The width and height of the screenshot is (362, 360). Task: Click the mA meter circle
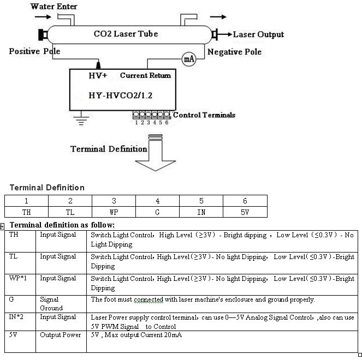(189, 59)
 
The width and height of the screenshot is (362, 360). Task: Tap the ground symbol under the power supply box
(81, 118)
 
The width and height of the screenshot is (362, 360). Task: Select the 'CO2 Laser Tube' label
(126, 34)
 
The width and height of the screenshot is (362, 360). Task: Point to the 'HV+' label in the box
(98, 75)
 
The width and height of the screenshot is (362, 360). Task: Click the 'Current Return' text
(145, 75)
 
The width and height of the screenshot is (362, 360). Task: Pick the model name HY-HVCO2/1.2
(120, 95)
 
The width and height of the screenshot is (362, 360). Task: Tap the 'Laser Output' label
(258, 34)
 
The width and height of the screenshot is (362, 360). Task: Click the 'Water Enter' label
(54, 7)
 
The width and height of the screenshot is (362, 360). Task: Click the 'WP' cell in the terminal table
(114, 212)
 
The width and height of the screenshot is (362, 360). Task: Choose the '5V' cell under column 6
(245, 212)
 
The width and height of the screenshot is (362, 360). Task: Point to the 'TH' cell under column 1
(27, 212)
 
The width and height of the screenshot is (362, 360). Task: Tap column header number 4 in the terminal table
(157, 201)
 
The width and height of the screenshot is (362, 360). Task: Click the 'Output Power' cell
(60, 335)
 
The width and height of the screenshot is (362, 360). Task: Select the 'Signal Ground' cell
(51, 303)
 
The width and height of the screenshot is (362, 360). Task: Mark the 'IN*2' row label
(16, 317)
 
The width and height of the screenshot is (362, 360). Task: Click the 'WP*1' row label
(18, 278)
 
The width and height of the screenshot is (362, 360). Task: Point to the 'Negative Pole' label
(235, 52)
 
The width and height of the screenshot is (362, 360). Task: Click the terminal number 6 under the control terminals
(167, 123)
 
